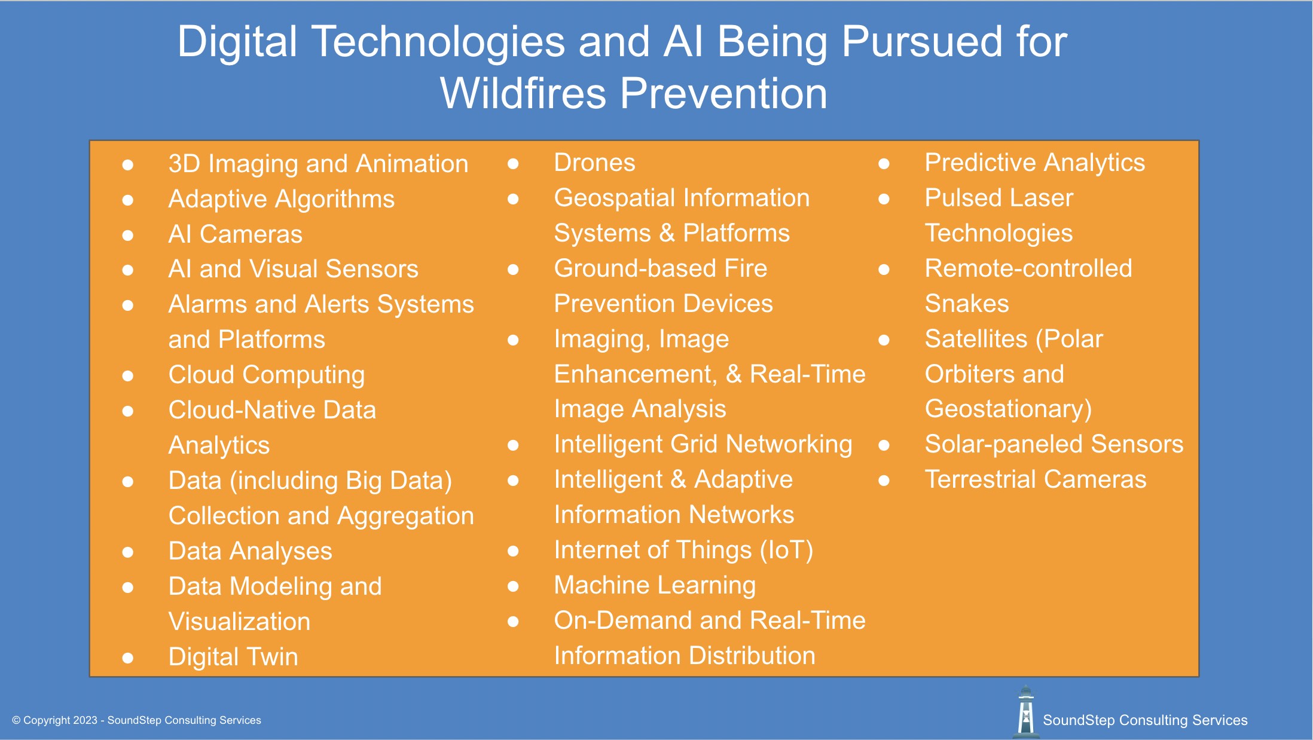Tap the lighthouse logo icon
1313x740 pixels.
pyautogui.click(x=1025, y=712)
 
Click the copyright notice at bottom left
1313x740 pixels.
pyautogui.click(x=136, y=720)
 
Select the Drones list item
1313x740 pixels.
pyautogui.click(x=594, y=163)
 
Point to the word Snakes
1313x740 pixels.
pyautogui.click(x=966, y=304)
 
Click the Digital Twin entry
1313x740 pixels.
pyautogui.click(x=233, y=657)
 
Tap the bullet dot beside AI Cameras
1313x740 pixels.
pyautogui.click(x=127, y=235)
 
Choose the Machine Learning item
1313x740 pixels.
pyautogui.click(x=654, y=585)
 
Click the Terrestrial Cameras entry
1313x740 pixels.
pyautogui.click(x=1035, y=479)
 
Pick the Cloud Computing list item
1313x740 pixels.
pyautogui.click(x=266, y=375)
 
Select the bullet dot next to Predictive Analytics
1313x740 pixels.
pyautogui.click(x=884, y=163)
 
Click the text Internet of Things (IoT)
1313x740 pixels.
pyautogui.click(x=683, y=550)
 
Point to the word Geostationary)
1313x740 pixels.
pyautogui.click(x=1008, y=409)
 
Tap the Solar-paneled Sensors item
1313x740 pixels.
pyautogui.click(x=1054, y=444)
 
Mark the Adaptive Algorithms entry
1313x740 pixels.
pyautogui.click(x=281, y=199)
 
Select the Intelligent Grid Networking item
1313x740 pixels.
pyautogui.click(x=703, y=444)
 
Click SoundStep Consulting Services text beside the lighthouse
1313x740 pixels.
pyautogui.click(x=1144, y=720)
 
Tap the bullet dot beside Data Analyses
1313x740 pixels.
pyautogui.click(x=127, y=552)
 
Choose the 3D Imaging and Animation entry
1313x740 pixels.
pyautogui.click(x=318, y=164)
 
